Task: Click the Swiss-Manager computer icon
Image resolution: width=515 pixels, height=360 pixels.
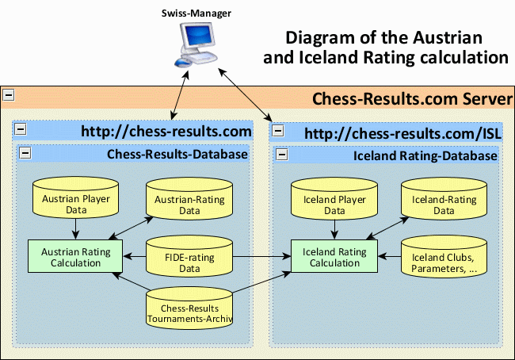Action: point(196,44)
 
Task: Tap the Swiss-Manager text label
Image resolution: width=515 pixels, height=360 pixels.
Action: point(196,13)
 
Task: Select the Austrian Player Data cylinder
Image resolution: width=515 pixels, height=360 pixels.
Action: point(75,197)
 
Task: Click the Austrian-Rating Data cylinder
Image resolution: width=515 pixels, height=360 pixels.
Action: point(189,198)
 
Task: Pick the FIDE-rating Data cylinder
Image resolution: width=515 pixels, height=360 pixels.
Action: point(189,256)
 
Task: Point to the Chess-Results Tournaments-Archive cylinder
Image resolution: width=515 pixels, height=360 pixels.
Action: point(189,308)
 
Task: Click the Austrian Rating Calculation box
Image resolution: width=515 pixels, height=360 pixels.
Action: point(75,256)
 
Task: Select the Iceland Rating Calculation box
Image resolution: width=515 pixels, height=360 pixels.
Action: point(334,256)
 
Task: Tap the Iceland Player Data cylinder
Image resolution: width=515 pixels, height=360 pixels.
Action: point(334,198)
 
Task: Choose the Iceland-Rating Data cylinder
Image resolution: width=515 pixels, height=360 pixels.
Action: point(444,198)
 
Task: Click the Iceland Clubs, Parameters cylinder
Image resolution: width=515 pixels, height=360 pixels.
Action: point(444,256)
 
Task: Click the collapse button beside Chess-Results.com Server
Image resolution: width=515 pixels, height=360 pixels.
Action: point(9,95)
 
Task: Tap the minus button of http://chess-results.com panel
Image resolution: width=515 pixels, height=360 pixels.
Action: point(21,129)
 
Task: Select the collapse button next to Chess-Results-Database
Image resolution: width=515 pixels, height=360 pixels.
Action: point(25,153)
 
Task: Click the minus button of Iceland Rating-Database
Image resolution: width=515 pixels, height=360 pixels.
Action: point(282,154)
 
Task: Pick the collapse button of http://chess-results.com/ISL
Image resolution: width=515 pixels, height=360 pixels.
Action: point(278,131)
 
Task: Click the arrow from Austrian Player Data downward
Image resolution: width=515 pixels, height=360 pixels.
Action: point(75,229)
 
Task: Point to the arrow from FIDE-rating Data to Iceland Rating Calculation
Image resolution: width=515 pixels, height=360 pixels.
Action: point(261,256)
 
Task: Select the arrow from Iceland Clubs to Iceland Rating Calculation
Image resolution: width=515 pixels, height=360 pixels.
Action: point(390,256)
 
